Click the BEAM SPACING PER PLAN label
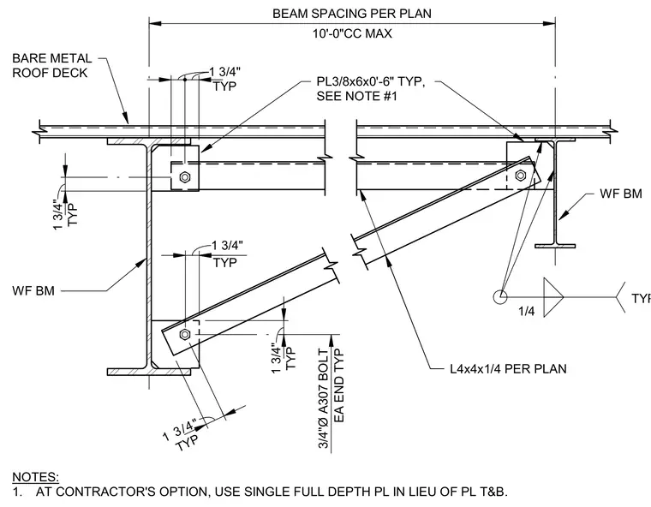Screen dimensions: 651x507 [352, 14]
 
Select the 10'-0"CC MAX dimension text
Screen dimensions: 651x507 [352, 33]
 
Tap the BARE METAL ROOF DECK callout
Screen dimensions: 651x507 [52, 65]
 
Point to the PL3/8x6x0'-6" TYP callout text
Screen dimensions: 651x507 [371, 81]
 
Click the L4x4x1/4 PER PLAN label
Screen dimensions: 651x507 [508, 369]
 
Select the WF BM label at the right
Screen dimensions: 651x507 [621, 194]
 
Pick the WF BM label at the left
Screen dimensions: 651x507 [33, 290]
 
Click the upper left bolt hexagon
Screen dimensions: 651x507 [185, 177]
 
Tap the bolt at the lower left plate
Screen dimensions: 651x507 [185, 334]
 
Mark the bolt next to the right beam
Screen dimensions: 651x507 [521, 176]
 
